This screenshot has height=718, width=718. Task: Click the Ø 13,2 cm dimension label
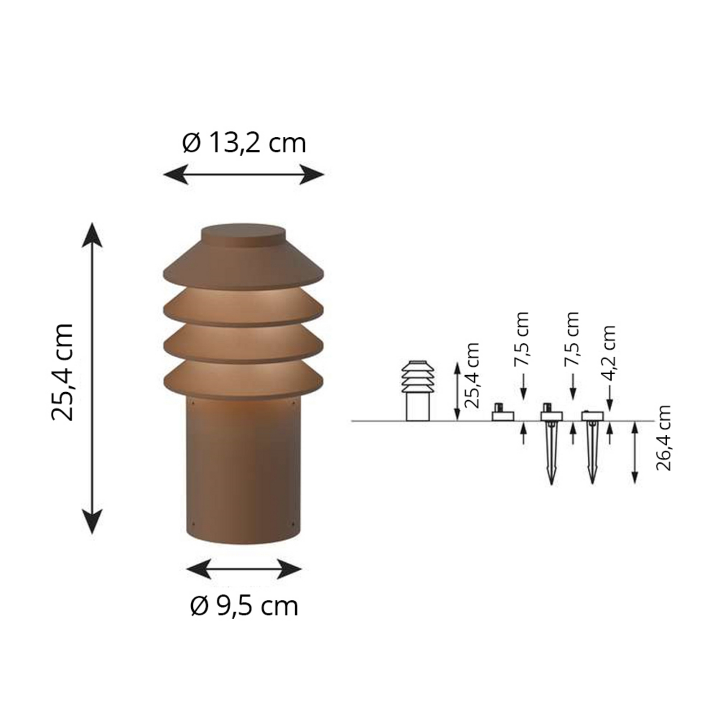tap(244, 143)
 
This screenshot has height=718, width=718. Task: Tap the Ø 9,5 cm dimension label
tap(244, 606)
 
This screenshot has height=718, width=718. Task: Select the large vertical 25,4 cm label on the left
tap(62, 372)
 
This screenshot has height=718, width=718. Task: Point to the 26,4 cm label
tap(663, 438)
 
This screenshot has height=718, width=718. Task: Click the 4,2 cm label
tap(609, 353)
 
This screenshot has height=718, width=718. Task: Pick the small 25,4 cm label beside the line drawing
tap(472, 375)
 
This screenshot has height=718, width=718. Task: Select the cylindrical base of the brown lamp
tap(243, 471)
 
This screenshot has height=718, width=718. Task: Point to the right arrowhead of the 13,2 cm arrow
tap(313, 174)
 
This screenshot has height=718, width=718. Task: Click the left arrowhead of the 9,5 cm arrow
tap(197, 569)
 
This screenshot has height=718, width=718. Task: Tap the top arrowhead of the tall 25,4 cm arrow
tap(92, 234)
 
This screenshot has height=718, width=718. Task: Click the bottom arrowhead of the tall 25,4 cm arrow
tap(92, 521)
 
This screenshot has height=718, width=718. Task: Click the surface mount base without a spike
tap(503, 415)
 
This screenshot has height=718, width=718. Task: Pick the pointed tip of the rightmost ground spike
tap(592, 481)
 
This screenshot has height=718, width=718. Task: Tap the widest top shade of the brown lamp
tap(243, 269)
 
